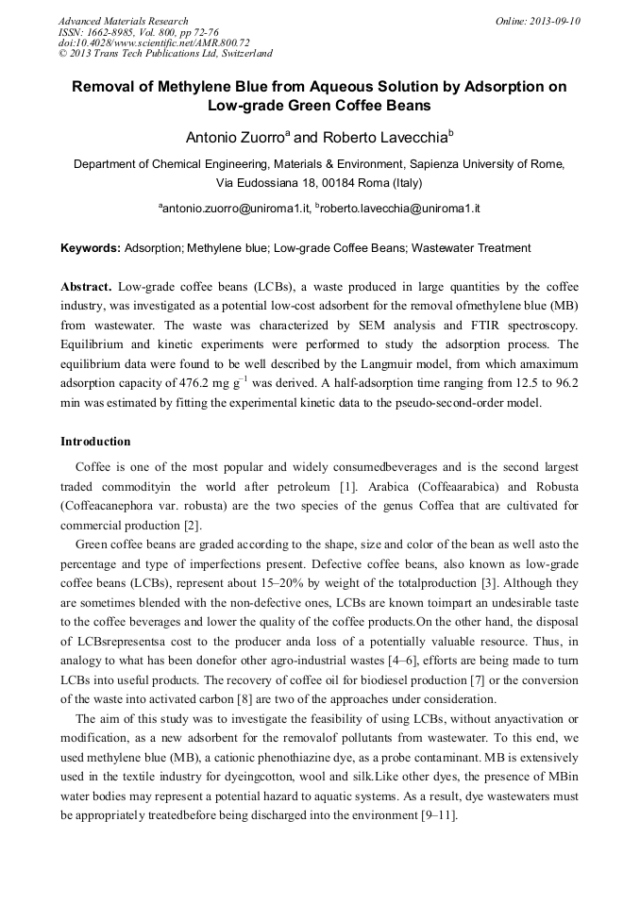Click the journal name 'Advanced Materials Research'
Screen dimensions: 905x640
[123, 21]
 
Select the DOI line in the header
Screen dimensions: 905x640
[154, 42]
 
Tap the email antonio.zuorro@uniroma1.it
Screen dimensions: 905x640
[236, 208]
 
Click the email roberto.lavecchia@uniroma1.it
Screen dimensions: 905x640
[400, 208]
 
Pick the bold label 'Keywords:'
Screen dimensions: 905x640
[91, 248]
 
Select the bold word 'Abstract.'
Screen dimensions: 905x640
[87, 286]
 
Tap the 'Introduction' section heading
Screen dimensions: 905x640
[95, 441]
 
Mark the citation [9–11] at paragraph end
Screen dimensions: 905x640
[438, 815]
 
